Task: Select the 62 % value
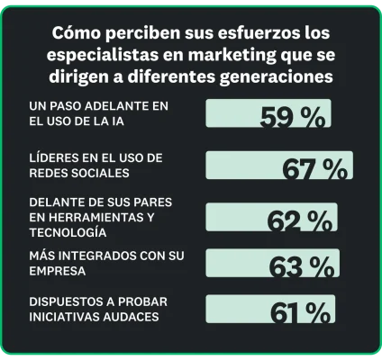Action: (x=299, y=220)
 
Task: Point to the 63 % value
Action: (x=301, y=266)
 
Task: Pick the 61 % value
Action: (x=299, y=312)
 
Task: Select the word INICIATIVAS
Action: (x=64, y=316)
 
